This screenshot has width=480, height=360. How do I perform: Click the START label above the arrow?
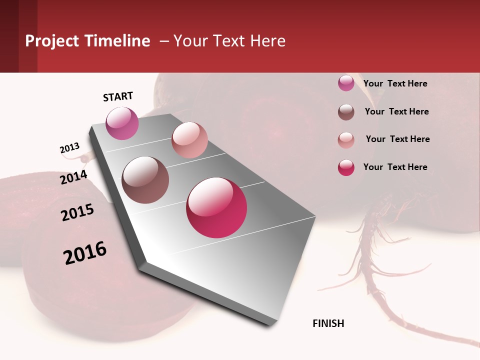pos(118,96)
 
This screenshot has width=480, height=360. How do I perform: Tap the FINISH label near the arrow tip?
pos(328,323)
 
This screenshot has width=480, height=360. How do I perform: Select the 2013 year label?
pos(69,148)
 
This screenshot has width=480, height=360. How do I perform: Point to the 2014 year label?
pos(73,177)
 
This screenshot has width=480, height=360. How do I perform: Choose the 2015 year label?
pos(77,212)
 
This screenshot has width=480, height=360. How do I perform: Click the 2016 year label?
pos(84,253)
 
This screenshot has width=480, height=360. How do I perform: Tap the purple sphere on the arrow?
pos(122,123)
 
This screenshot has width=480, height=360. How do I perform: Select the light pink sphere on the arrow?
pos(189,140)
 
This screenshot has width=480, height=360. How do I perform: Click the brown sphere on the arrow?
pos(145,180)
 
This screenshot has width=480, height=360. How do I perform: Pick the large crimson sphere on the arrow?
pos(216,207)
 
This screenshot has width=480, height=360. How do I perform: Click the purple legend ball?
pos(346,83)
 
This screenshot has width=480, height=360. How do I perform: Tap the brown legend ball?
pos(346,112)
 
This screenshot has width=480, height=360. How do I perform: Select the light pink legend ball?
pos(346,140)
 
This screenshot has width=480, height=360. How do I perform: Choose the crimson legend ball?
pos(346,167)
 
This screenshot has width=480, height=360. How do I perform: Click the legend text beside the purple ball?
pos(395,83)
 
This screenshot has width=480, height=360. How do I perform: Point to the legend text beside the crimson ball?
pos(395,167)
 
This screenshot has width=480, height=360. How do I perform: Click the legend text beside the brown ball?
pos(396,111)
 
